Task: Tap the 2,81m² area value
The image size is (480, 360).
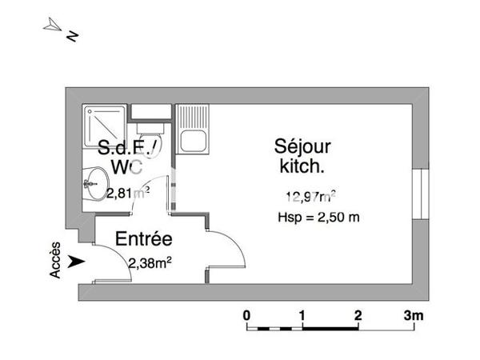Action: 128,192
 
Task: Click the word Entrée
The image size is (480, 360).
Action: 144,238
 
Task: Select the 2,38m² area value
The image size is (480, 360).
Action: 150,261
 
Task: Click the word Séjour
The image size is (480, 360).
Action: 302,147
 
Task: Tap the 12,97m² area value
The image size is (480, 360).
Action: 310,195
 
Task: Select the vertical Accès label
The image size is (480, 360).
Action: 55,261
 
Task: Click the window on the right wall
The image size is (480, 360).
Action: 419,193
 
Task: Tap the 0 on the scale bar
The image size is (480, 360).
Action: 247,314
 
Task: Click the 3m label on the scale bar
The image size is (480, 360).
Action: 414,314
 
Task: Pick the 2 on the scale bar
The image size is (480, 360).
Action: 358,314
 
